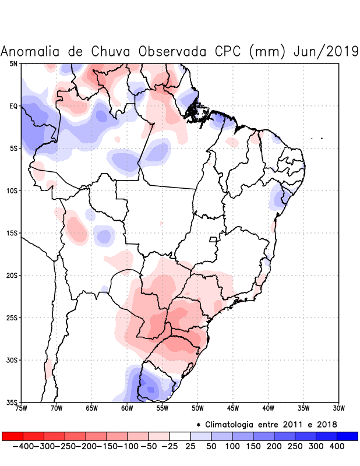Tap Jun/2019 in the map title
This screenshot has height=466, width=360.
(x=326, y=51)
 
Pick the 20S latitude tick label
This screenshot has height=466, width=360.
(x=12, y=276)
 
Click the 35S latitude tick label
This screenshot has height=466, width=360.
(x=12, y=403)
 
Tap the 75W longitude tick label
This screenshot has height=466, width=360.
(x=21, y=408)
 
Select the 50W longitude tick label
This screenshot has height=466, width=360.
(x=197, y=408)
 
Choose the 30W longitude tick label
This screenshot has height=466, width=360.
(x=338, y=408)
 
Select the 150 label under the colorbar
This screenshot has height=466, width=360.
(x=253, y=446)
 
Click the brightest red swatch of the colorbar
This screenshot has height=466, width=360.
(x=12, y=436)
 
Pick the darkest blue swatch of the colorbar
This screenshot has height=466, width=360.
(x=347, y=436)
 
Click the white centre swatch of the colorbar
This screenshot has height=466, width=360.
(x=180, y=436)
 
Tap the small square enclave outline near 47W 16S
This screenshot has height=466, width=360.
(x=213, y=239)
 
